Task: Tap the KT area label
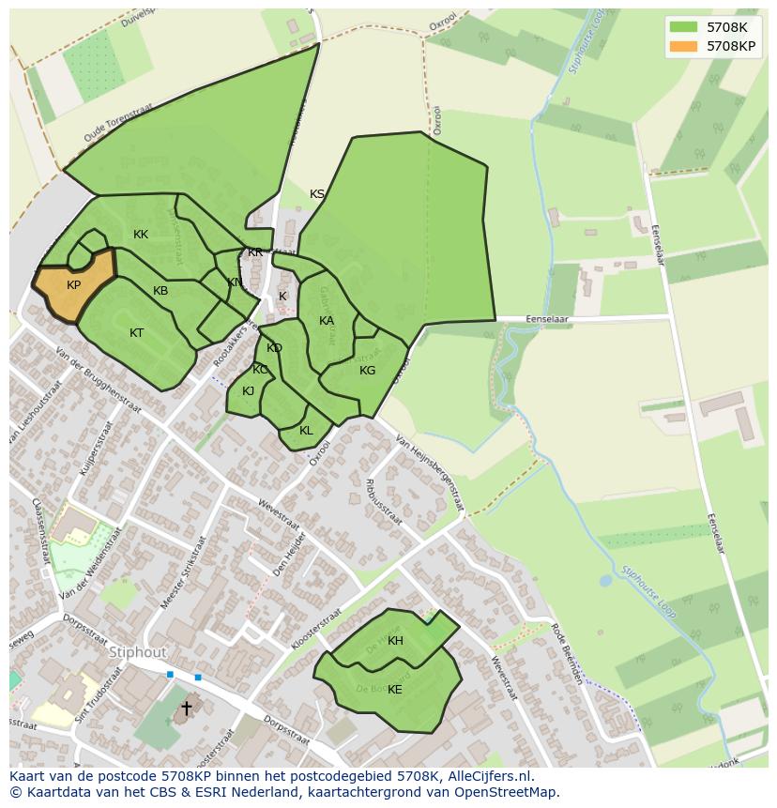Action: coord(137,333)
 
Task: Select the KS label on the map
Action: coord(317,194)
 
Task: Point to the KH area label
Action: coord(395,641)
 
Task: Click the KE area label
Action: coord(395,690)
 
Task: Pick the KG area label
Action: coord(367,371)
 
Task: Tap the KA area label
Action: coord(327,321)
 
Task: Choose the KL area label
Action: coord(306,431)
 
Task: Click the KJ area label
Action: coord(249,391)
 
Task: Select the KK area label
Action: coord(141,235)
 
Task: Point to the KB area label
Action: coord(160,291)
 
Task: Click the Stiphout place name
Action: coord(138,652)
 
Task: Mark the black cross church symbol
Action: coord(186,708)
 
